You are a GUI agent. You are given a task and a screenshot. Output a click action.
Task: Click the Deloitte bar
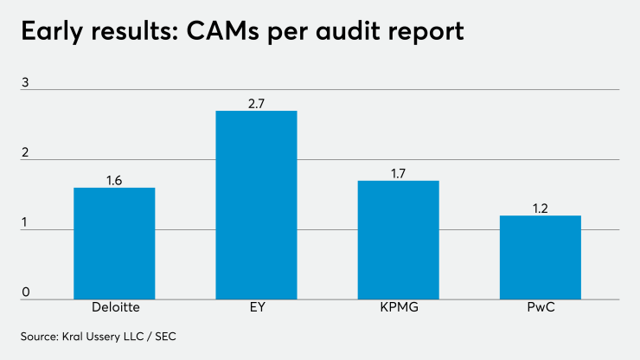(114, 243)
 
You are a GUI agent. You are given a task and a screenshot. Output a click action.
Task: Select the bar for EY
(256, 205)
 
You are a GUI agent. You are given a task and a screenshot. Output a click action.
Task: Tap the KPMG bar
(399, 240)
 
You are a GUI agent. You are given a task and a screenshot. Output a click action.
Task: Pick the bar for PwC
(541, 257)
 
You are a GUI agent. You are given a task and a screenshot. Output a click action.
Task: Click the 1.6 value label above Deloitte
(114, 181)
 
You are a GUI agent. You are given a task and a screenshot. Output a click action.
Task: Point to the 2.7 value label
(256, 104)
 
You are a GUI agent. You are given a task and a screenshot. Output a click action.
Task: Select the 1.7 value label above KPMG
(399, 174)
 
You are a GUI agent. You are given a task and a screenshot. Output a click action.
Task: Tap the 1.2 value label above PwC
(541, 209)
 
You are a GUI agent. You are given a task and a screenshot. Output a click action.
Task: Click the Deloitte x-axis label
(114, 308)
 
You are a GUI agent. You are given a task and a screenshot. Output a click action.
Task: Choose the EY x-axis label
(256, 308)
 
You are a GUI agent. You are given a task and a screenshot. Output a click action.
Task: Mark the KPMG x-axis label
(399, 308)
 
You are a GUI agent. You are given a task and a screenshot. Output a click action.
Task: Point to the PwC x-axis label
(541, 308)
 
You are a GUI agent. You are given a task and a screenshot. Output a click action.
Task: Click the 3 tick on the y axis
(26, 83)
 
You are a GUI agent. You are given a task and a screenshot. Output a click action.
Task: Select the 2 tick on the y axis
(26, 153)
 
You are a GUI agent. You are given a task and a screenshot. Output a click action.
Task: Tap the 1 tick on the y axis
(26, 223)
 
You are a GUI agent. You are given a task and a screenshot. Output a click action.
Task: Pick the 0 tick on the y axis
(26, 292)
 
